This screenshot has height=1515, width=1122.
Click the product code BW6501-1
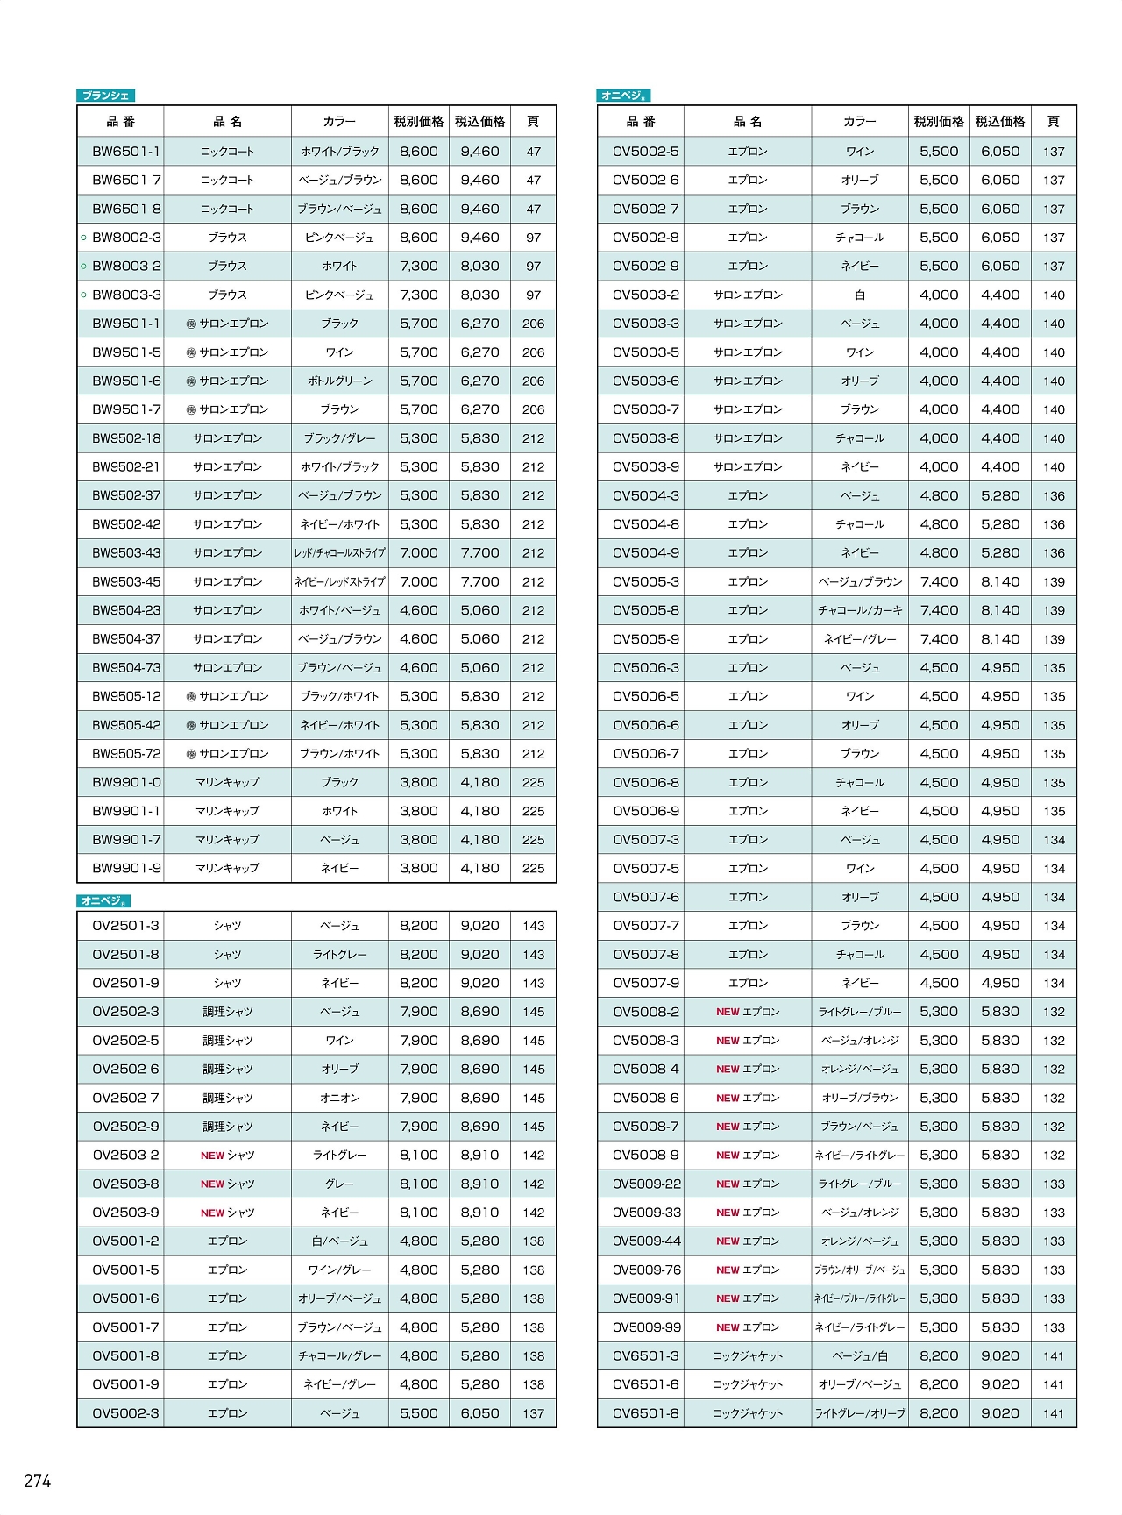tap(126, 152)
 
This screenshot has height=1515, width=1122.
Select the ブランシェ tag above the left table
tap(105, 96)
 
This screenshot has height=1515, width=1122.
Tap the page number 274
tap(38, 1481)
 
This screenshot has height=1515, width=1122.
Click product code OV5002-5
tap(645, 152)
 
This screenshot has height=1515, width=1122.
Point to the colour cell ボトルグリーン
tap(339, 381)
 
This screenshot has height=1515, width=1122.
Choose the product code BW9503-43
tap(126, 553)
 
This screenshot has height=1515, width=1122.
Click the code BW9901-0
tap(126, 782)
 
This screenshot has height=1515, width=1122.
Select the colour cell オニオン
tap(339, 1098)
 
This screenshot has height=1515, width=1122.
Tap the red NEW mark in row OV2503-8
tap(212, 1184)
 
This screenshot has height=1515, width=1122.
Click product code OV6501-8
tap(645, 1413)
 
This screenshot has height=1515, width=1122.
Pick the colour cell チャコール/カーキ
tap(859, 610)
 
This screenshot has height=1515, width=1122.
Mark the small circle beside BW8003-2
tap(83, 267)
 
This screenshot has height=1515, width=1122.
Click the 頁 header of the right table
tap(1053, 122)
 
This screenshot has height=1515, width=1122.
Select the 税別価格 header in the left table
tap(418, 122)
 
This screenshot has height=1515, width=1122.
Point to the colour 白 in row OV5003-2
tap(859, 295)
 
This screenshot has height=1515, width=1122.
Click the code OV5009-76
tap(646, 1270)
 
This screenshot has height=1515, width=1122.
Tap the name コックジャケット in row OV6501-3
tap(747, 1356)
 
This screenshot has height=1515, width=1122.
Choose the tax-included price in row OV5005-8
tap(1000, 610)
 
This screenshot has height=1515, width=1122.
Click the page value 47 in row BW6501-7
tap(533, 181)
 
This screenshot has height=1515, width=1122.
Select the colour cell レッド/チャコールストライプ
tap(339, 553)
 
